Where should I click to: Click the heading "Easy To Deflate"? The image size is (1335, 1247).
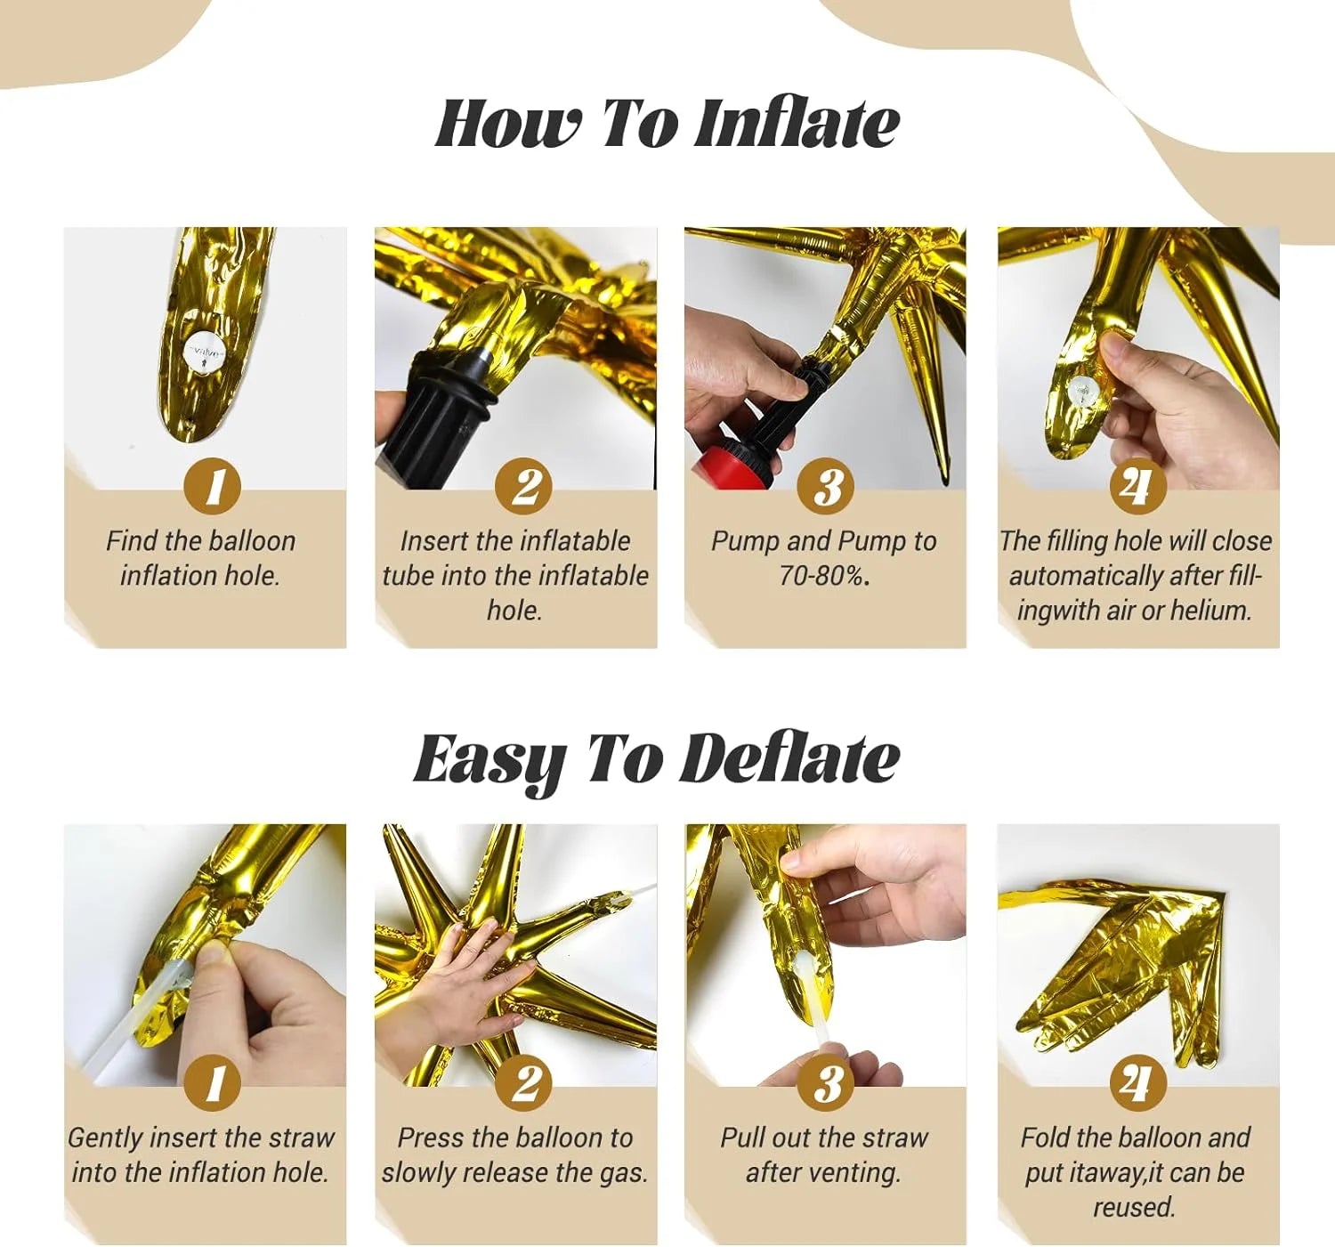[657, 759]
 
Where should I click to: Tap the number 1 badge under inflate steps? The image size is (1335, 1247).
[213, 487]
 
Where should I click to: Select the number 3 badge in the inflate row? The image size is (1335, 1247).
[826, 487]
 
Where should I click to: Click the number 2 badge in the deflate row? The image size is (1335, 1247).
[525, 1083]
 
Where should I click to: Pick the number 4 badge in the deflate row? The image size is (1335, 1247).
[1137, 1083]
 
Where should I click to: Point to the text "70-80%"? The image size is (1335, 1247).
[821, 576]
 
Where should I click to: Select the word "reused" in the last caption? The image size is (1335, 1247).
[1133, 1207]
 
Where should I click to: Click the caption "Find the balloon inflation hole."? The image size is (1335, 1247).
[200, 558]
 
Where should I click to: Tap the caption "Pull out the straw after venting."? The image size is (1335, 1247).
[824, 1154]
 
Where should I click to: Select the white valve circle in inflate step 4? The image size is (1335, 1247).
[1083, 389]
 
